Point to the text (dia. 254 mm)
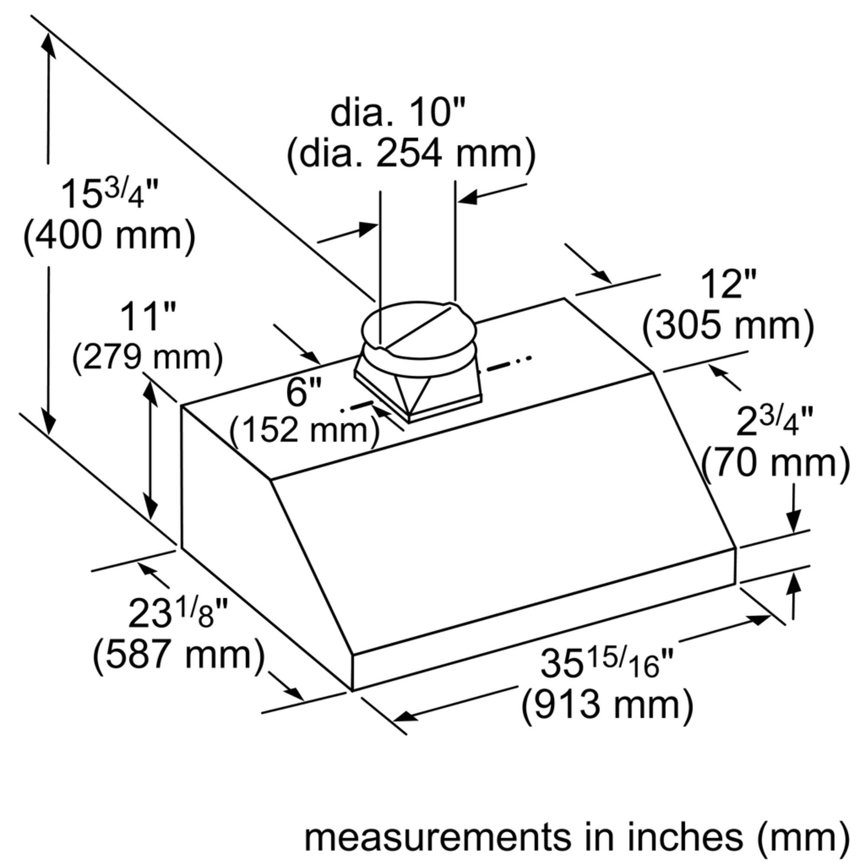coord(411,155)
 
